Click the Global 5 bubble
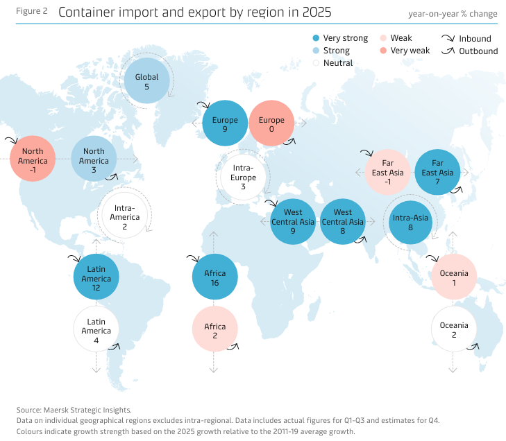pos(146,82)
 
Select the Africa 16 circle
pos(215,276)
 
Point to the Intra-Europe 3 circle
pos(243,178)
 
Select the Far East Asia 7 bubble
pos(437,173)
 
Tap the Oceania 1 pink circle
pos(454,277)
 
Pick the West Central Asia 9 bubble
pos(293,222)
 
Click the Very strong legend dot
pos(316,39)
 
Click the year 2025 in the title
pos(317,12)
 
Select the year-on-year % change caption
pos(453,14)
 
